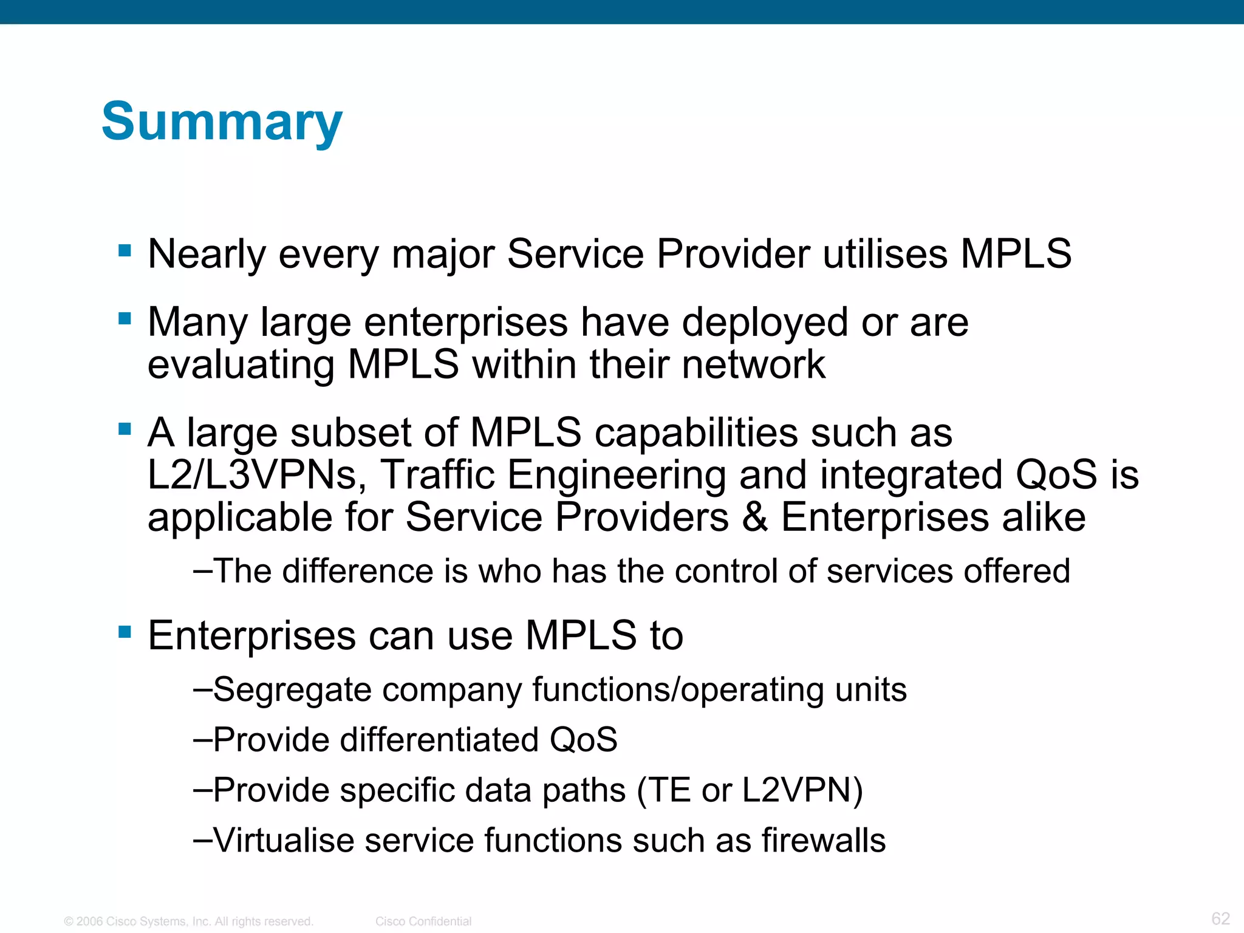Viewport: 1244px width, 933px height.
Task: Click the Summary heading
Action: coord(222,121)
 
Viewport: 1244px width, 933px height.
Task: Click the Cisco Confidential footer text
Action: coord(423,921)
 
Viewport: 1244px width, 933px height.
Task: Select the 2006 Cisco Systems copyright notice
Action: coord(188,921)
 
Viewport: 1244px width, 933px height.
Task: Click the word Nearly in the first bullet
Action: coord(207,254)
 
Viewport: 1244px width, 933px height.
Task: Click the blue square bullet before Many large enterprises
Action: coord(125,318)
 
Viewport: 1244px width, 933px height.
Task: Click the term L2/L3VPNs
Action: coord(257,475)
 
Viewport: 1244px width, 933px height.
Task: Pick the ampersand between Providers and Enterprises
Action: coord(754,518)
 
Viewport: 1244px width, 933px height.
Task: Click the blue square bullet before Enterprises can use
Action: coord(125,632)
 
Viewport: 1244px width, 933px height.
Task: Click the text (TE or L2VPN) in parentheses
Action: coord(749,791)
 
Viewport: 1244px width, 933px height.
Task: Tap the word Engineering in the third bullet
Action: coord(616,475)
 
